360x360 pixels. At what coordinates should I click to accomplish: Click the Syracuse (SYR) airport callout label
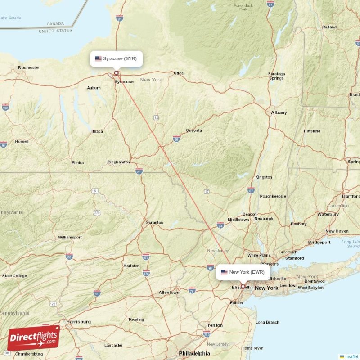(x=117, y=58)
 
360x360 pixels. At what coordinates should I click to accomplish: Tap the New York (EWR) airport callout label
(x=243, y=272)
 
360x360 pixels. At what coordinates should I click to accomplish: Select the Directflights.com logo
(x=33, y=337)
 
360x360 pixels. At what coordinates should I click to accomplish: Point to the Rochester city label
(x=28, y=68)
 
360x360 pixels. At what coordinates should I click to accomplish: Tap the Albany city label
(x=279, y=112)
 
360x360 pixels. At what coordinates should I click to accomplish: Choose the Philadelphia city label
(x=194, y=353)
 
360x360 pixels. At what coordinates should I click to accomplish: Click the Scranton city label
(x=154, y=223)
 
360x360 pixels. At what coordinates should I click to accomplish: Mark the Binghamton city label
(x=119, y=162)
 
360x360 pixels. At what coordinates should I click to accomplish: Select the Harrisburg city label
(x=78, y=322)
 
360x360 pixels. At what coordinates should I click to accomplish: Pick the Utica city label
(x=179, y=73)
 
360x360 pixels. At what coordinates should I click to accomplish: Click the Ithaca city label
(x=97, y=131)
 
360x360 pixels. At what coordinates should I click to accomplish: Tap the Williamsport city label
(x=70, y=237)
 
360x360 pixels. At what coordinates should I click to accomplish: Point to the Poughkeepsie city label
(x=273, y=196)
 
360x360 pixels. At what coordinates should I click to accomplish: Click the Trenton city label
(x=214, y=325)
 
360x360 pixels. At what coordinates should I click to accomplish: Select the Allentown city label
(x=169, y=292)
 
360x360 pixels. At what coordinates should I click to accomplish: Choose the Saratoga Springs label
(x=276, y=76)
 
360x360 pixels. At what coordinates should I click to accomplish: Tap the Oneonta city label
(x=193, y=130)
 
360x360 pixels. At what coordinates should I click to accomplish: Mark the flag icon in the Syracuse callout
(x=98, y=58)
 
